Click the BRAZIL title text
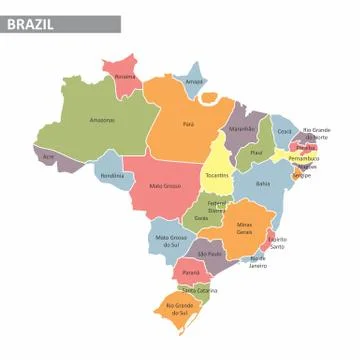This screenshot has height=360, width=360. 32,23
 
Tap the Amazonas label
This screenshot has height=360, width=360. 102,120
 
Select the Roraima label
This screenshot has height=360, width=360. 125,76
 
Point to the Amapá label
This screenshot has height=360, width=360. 194,81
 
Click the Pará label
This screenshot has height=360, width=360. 188,124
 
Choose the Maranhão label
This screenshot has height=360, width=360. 242,129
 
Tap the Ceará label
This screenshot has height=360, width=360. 285,131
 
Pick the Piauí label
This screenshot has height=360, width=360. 256,153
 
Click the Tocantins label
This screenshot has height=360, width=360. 217,175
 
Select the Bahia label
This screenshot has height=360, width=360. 263,184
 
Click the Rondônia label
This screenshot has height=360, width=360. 112,175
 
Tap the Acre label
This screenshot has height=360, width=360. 48,157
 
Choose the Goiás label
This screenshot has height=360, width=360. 202,217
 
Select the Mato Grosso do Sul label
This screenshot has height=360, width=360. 170,241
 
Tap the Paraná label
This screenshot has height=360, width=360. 189,271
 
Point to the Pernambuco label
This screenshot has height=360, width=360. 304,158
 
